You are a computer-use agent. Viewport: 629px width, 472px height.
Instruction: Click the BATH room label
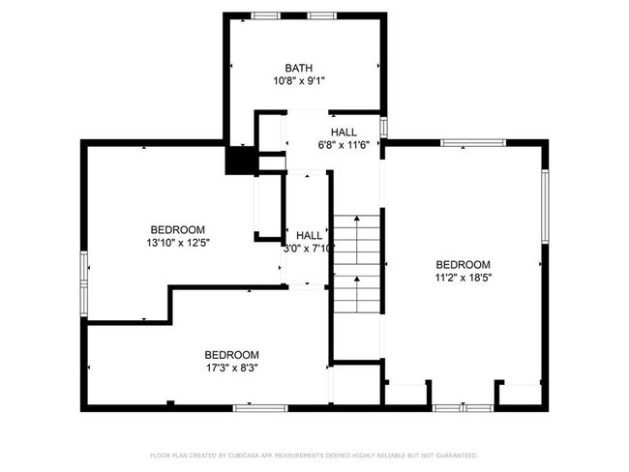point(298,68)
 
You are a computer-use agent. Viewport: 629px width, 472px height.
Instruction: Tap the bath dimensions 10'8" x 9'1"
point(299,81)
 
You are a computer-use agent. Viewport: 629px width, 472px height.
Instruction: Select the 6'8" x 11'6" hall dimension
point(344,145)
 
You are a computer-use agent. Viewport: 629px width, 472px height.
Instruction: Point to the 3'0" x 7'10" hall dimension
point(309,249)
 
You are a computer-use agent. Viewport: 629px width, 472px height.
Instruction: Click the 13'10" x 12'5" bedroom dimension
point(178,243)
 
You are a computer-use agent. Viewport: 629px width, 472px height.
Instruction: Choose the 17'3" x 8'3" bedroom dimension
point(232,368)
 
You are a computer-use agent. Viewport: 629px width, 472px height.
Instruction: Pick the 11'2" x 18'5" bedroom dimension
point(464,278)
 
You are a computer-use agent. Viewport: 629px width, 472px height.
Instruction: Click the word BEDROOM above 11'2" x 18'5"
point(463,265)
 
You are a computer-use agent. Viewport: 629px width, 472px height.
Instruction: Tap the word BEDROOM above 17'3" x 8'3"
point(232,355)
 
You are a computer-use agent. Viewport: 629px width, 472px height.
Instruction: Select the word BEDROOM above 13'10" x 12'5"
point(178,230)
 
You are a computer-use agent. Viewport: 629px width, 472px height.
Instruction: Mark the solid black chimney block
point(240,161)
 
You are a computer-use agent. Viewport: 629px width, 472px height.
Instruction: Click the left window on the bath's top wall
point(265,15)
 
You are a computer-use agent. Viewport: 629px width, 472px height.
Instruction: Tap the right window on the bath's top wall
point(322,15)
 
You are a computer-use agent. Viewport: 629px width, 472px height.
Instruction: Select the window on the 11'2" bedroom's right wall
point(545,206)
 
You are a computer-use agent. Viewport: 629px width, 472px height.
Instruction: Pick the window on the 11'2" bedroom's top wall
point(473,143)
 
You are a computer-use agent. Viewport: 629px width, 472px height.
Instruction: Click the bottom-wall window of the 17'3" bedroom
point(260,408)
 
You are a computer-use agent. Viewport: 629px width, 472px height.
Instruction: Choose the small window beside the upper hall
point(383,127)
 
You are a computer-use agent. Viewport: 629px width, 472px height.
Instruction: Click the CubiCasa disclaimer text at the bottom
point(314,456)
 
